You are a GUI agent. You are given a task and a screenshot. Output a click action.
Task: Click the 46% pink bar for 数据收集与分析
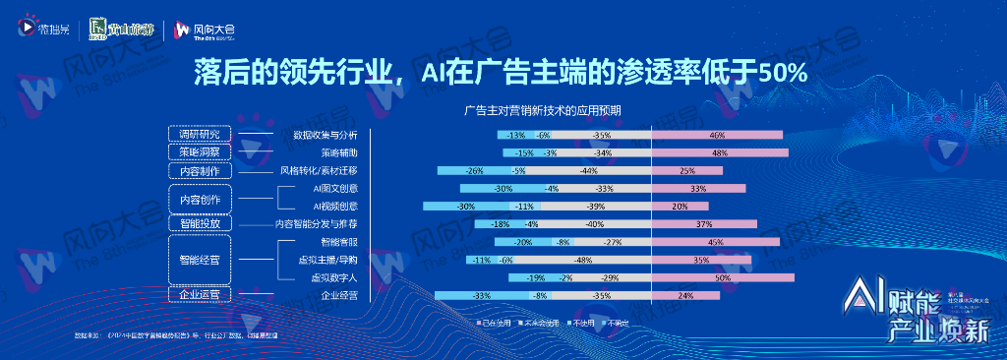718,135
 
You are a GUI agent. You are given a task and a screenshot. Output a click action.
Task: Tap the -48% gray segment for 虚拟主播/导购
583,260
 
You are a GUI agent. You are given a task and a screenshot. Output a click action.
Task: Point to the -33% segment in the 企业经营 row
482,296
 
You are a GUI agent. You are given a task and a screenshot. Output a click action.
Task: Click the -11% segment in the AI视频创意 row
525,207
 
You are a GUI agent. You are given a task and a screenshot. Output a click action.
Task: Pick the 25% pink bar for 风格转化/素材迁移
687,170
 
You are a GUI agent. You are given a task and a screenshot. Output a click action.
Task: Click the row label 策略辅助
339,152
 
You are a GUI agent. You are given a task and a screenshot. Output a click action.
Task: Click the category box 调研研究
200,135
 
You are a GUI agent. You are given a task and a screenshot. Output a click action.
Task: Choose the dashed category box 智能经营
200,261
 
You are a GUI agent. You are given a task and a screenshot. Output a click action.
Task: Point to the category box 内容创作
200,199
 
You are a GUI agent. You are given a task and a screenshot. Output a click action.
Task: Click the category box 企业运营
200,294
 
